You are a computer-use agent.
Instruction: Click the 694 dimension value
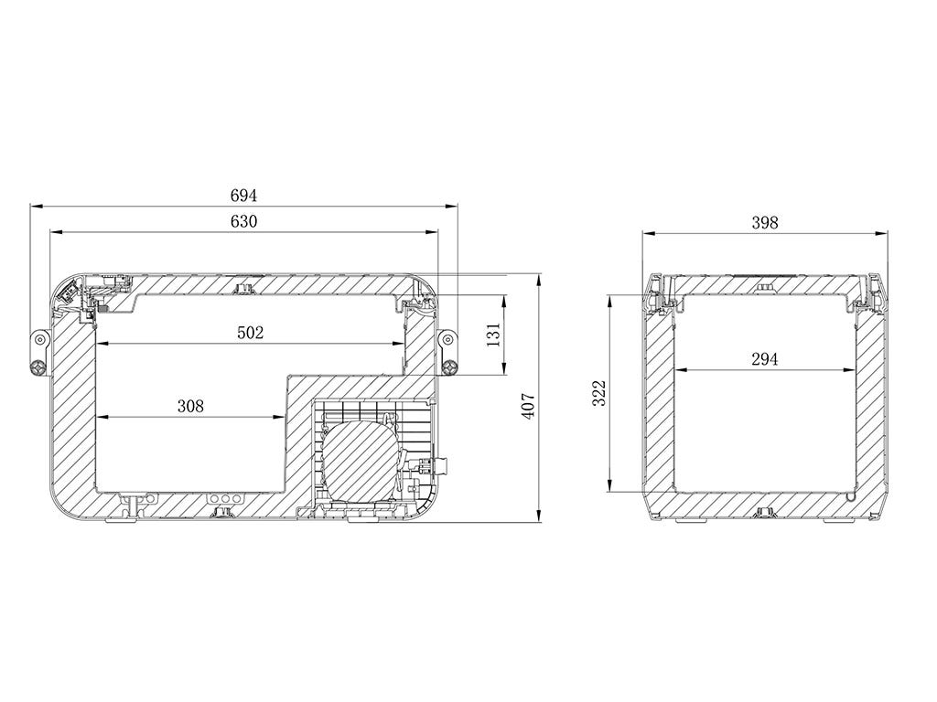243,196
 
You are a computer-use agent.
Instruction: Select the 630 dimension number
243,221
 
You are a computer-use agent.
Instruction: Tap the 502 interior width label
251,333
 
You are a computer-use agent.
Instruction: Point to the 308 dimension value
190,407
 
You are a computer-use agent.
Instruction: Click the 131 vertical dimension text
493,335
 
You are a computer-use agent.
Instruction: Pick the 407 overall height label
529,407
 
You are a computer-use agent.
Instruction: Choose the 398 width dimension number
765,223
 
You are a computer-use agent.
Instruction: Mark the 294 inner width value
765,358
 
